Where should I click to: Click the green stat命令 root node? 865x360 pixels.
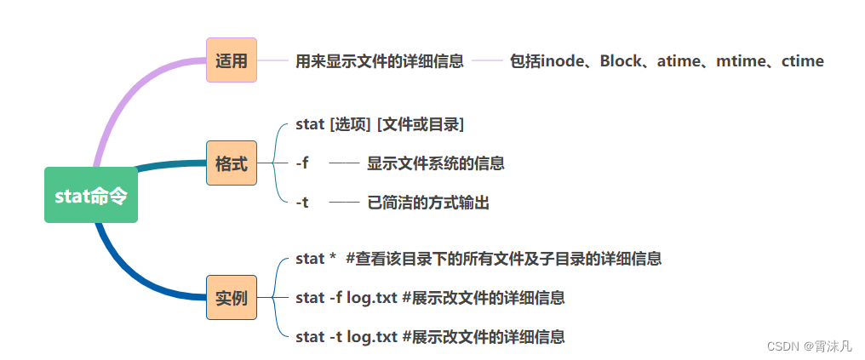click(x=91, y=195)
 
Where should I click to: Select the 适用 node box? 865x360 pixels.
click(x=232, y=60)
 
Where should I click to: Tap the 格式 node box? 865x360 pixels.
click(x=232, y=163)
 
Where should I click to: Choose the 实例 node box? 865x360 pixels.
click(x=232, y=298)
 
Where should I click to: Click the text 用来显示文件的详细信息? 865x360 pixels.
click(x=380, y=61)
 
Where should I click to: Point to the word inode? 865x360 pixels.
click(x=564, y=61)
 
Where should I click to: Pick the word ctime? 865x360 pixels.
click(x=803, y=61)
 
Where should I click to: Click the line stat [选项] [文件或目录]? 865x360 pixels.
click(x=380, y=124)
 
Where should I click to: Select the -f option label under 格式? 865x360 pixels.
click(x=302, y=163)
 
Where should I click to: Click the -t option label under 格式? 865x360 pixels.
click(x=302, y=203)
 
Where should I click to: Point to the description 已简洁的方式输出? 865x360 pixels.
click(x=428, y=203)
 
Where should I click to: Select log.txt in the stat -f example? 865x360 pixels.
click(x=372, y=298)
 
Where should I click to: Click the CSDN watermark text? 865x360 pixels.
click(x=809, y=346)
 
